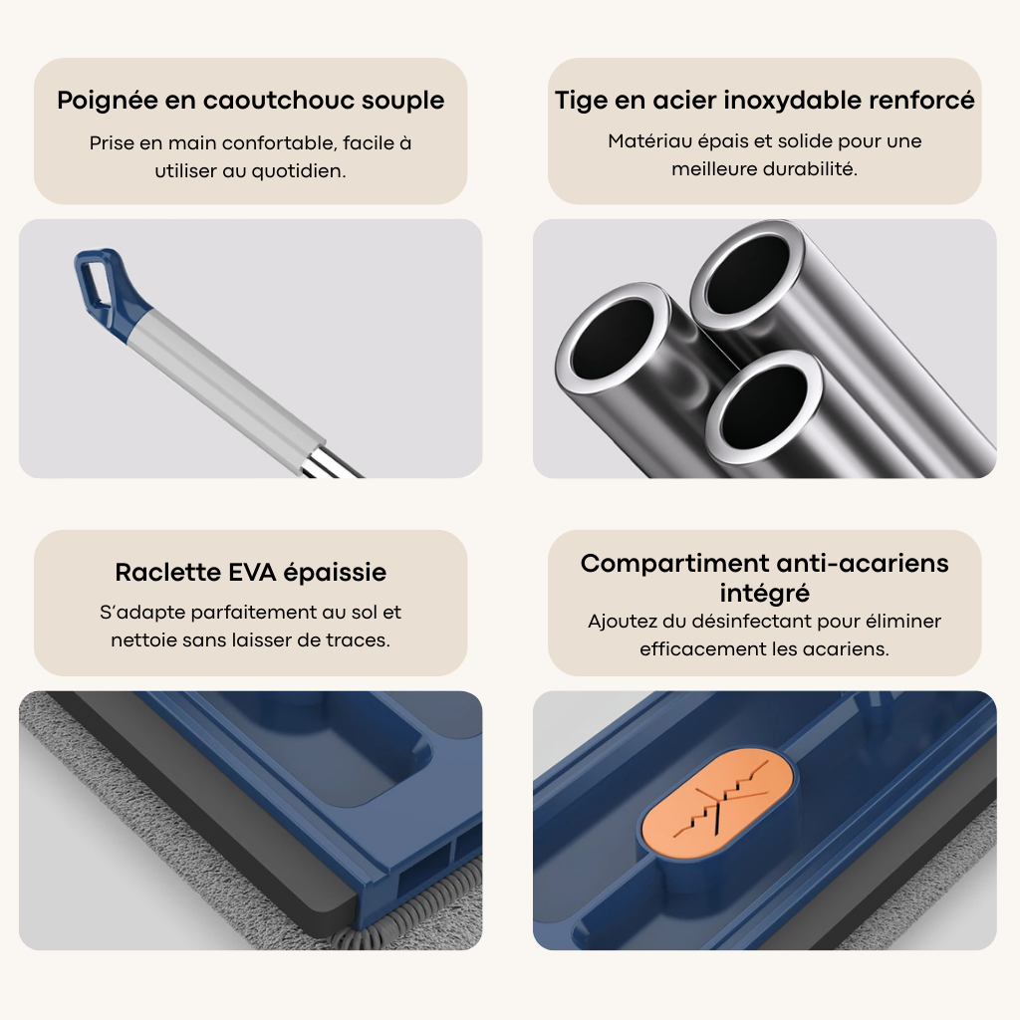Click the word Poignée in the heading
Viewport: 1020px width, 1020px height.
(x=107, y=101)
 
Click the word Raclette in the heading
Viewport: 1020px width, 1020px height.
(x=167, y=572)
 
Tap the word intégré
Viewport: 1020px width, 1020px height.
(x=764, y=594)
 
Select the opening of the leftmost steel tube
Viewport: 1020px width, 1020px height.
(x=613, y=344)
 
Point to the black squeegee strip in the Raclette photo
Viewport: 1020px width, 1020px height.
(x=195, y=813)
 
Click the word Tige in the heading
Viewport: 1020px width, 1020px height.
(x=581, y=102)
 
